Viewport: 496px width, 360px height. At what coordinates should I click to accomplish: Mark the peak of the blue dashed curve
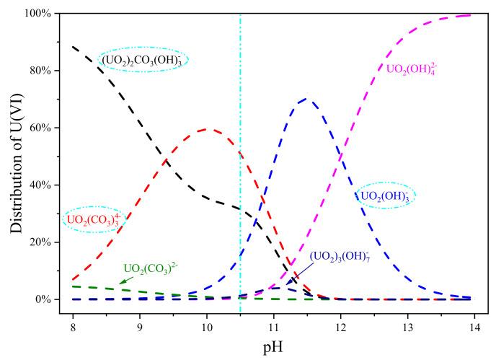point(307,99)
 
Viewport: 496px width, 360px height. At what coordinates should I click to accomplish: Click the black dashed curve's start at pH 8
point(74,47)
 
